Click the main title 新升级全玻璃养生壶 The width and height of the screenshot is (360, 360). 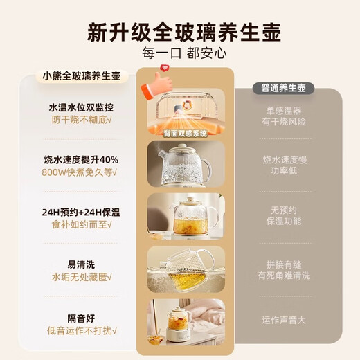point(180,31)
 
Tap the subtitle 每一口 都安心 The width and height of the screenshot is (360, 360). point(180,53)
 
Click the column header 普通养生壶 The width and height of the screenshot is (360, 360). point(287,89)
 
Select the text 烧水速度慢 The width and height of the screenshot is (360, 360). point(287,159)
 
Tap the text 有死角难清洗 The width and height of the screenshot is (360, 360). point(287,276)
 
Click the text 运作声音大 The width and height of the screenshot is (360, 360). point(287,321)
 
